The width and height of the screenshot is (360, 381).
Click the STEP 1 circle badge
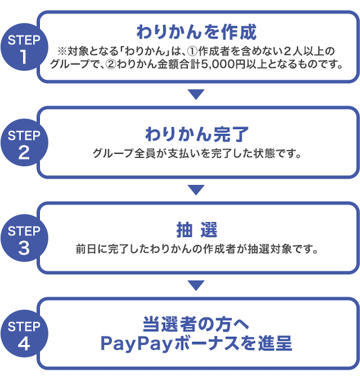(24, 47)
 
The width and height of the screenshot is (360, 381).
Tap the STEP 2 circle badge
(24, 142)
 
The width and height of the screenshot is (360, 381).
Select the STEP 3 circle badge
(24, 238)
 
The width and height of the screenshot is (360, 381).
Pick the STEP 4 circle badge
(24, 333)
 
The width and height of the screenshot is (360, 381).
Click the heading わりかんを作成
(196, 32)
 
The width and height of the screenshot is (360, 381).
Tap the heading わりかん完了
(197, 134)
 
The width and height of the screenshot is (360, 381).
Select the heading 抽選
(197, 230)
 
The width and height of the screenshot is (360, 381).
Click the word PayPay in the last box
(137, 344)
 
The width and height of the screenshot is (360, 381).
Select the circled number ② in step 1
(111, 65)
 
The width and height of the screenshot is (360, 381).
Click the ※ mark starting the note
(62, 52)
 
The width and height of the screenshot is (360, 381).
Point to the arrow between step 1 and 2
(196, 94)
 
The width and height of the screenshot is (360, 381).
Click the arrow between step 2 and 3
(196, 190)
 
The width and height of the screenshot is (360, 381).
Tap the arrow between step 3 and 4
(196, 285)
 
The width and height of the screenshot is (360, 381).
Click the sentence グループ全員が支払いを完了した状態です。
(197, 153)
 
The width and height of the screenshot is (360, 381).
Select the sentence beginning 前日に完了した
(197, 249)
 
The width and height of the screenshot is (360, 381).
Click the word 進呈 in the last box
(275, 343)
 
